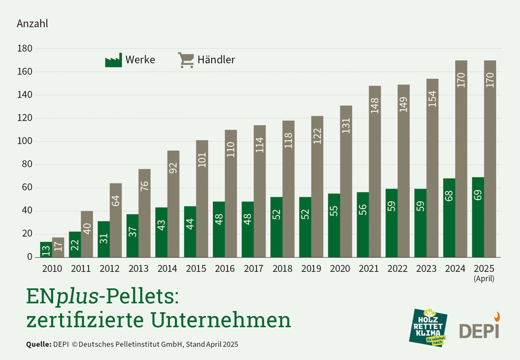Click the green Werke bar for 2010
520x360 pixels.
[x=46, y=249]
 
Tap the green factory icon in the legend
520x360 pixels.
[x=113, y=60]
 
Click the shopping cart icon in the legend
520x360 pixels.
[x=186, y=60]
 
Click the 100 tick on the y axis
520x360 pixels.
[x=25, y=141]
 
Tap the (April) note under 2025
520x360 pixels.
[x=484, y=278]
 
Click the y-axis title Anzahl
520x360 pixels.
[x=32, y=24]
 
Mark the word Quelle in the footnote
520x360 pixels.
[x=38, y=345]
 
